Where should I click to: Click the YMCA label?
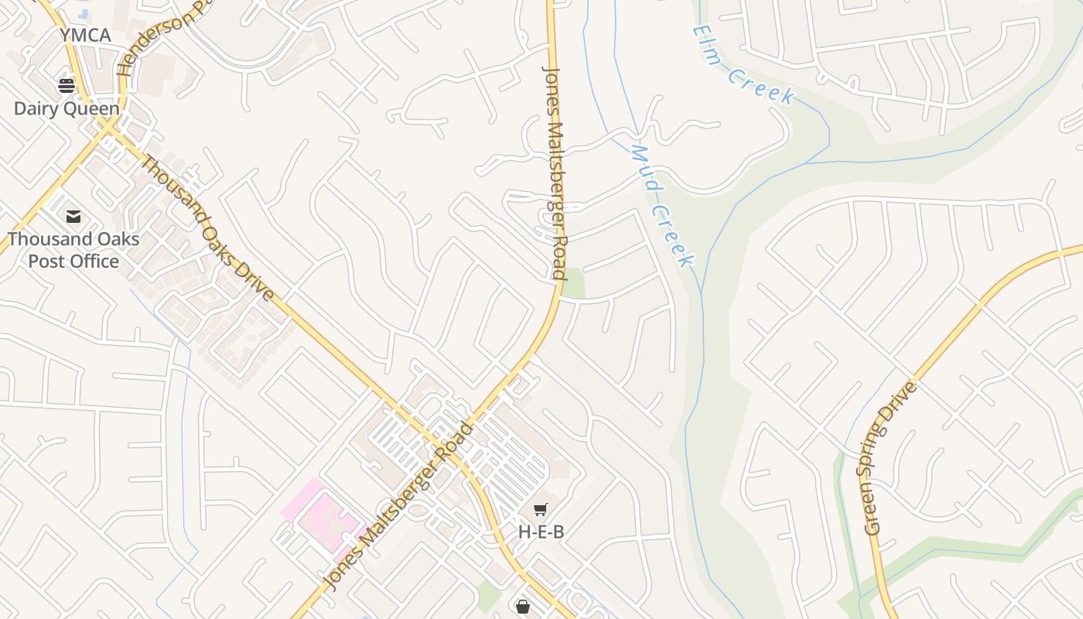tap(86, 36)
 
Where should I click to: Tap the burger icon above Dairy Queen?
tap(67, 85)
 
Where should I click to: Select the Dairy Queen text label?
tap(67, 108)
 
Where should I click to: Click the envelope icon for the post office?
tap(73, 217)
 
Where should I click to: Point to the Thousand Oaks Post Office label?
tap(73, 250)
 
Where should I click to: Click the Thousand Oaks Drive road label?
tap(207, 229)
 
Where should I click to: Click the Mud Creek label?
tap(662, 206)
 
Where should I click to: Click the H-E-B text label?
tap(541, 532)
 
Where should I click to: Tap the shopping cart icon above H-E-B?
tap(541, 509)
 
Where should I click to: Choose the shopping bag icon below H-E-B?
tap(523, 606)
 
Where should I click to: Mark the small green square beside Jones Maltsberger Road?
tap(573, 284)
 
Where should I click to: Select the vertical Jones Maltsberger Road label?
tap(554, 172)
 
